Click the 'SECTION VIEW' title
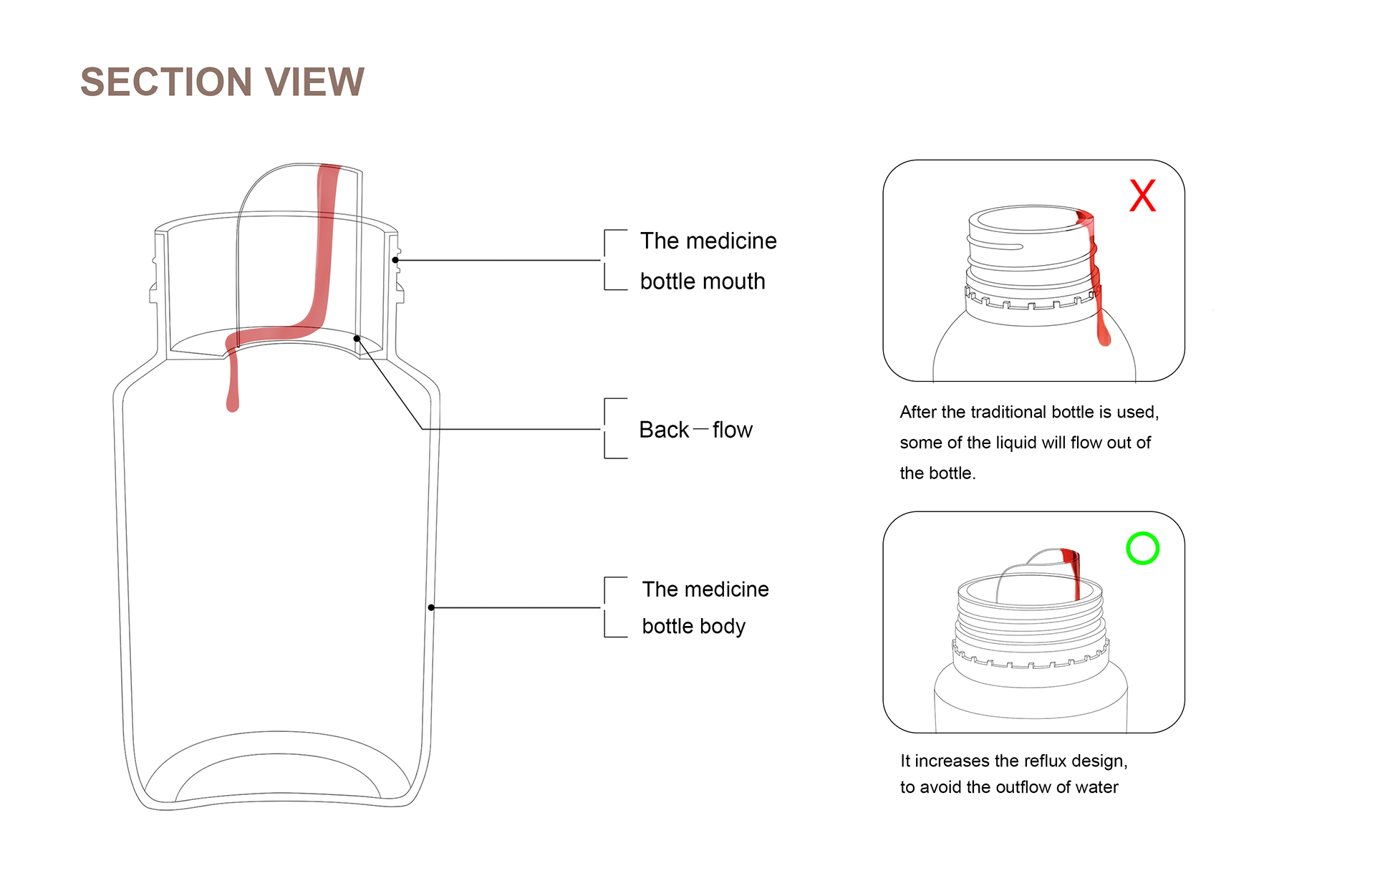222,82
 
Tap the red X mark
1142,196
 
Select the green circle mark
1142,549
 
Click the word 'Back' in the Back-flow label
664,430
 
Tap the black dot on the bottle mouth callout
395,260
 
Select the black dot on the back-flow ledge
357,338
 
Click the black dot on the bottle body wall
431,607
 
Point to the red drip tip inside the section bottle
232,404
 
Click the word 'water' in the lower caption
1096,787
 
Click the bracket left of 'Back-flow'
607,428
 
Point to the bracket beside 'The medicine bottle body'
607,607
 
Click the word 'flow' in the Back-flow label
732,430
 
